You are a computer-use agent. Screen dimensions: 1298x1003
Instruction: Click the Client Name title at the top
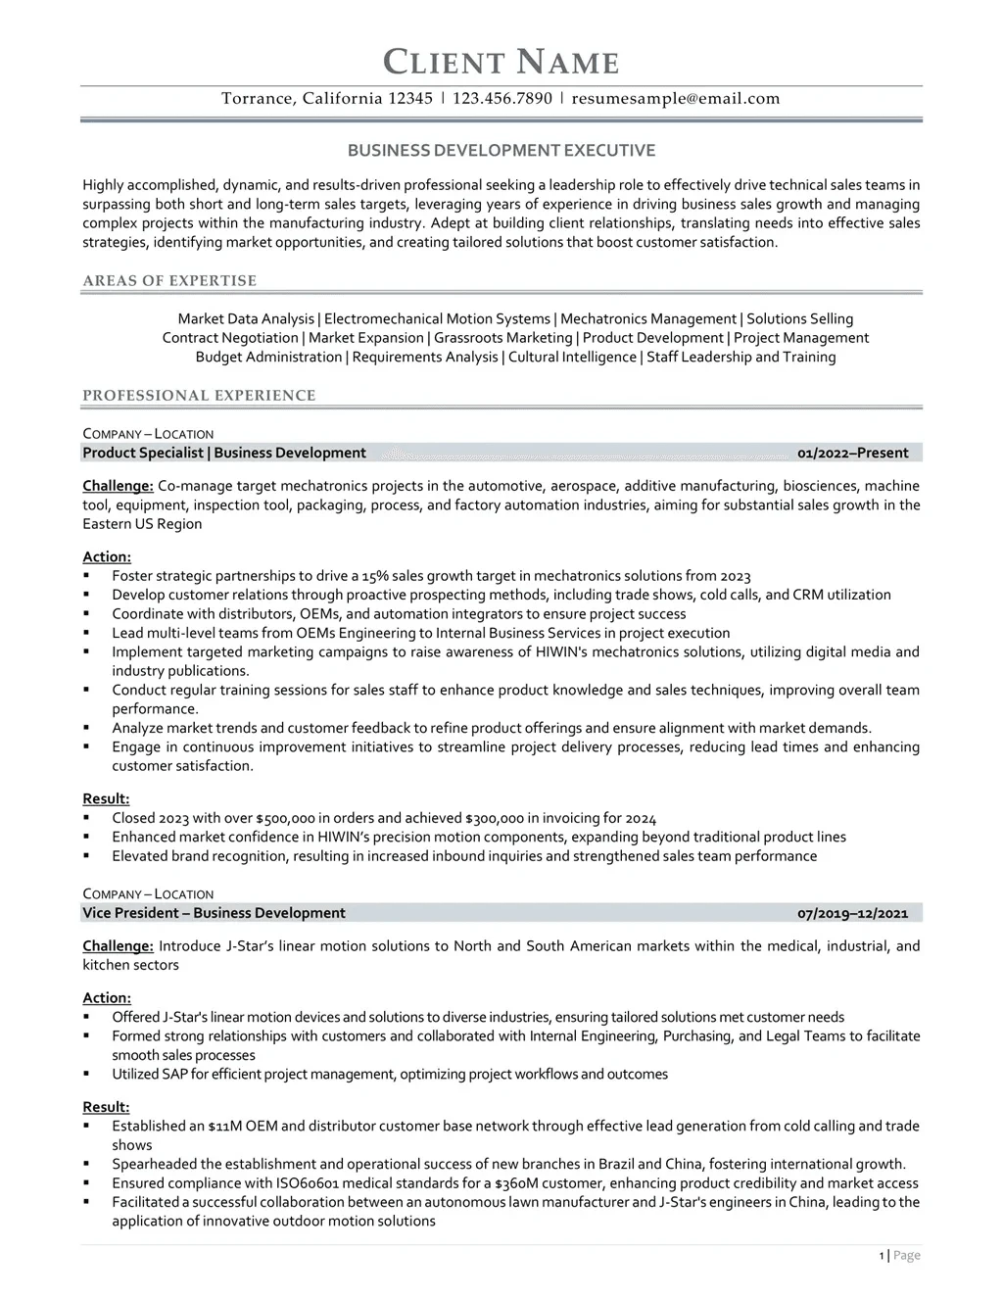pos(501,62)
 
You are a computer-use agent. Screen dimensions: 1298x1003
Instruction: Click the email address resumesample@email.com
pos(676,98)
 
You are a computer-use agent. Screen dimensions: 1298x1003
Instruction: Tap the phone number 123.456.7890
pos(502,98)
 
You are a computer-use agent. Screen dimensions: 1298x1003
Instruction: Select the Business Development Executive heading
pos(501,151)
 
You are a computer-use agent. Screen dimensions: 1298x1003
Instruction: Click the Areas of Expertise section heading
pos(169,281)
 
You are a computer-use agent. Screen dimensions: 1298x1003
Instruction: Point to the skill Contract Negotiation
pos(230,338)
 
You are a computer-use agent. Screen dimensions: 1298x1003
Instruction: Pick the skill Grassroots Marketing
pos(503,338)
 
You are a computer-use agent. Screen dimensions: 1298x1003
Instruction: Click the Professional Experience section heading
pos(199,396)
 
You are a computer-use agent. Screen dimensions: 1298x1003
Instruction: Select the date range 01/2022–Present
pos(852,453)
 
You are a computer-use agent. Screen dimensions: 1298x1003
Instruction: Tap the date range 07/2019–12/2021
pos(852,913)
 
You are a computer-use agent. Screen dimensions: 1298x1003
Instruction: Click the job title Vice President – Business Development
pos(214,913)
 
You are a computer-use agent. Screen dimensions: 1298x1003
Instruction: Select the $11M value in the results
pos(224,1127)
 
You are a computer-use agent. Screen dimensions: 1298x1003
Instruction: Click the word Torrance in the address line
pos(257,98)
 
